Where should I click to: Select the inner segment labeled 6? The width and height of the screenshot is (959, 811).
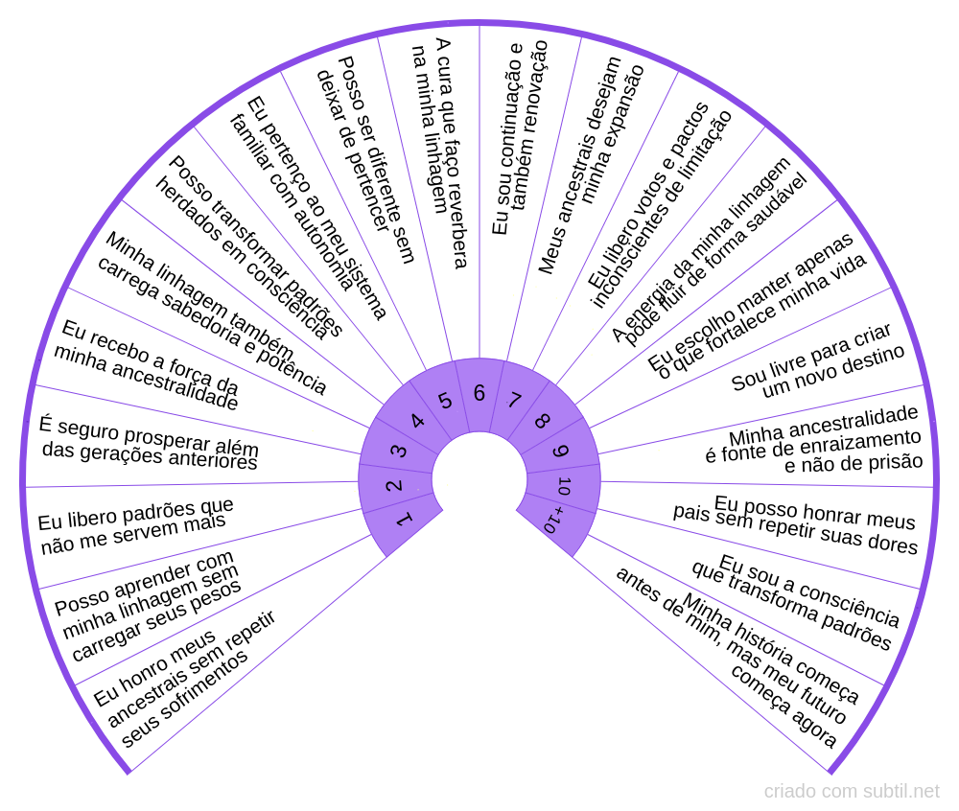click(479, 394)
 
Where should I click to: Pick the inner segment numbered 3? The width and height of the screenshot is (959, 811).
click(398, 451)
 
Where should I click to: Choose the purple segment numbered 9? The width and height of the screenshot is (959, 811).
click(560, 451)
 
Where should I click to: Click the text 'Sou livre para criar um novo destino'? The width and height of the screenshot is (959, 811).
click(817, 360)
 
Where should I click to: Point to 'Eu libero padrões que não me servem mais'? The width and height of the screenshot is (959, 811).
click(134, 526)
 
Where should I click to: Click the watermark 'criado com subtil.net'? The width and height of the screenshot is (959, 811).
click(852, 791)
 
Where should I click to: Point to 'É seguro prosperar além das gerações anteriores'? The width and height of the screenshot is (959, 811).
click(150, 442)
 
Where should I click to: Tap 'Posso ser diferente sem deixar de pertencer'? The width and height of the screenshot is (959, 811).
click(365, 159)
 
